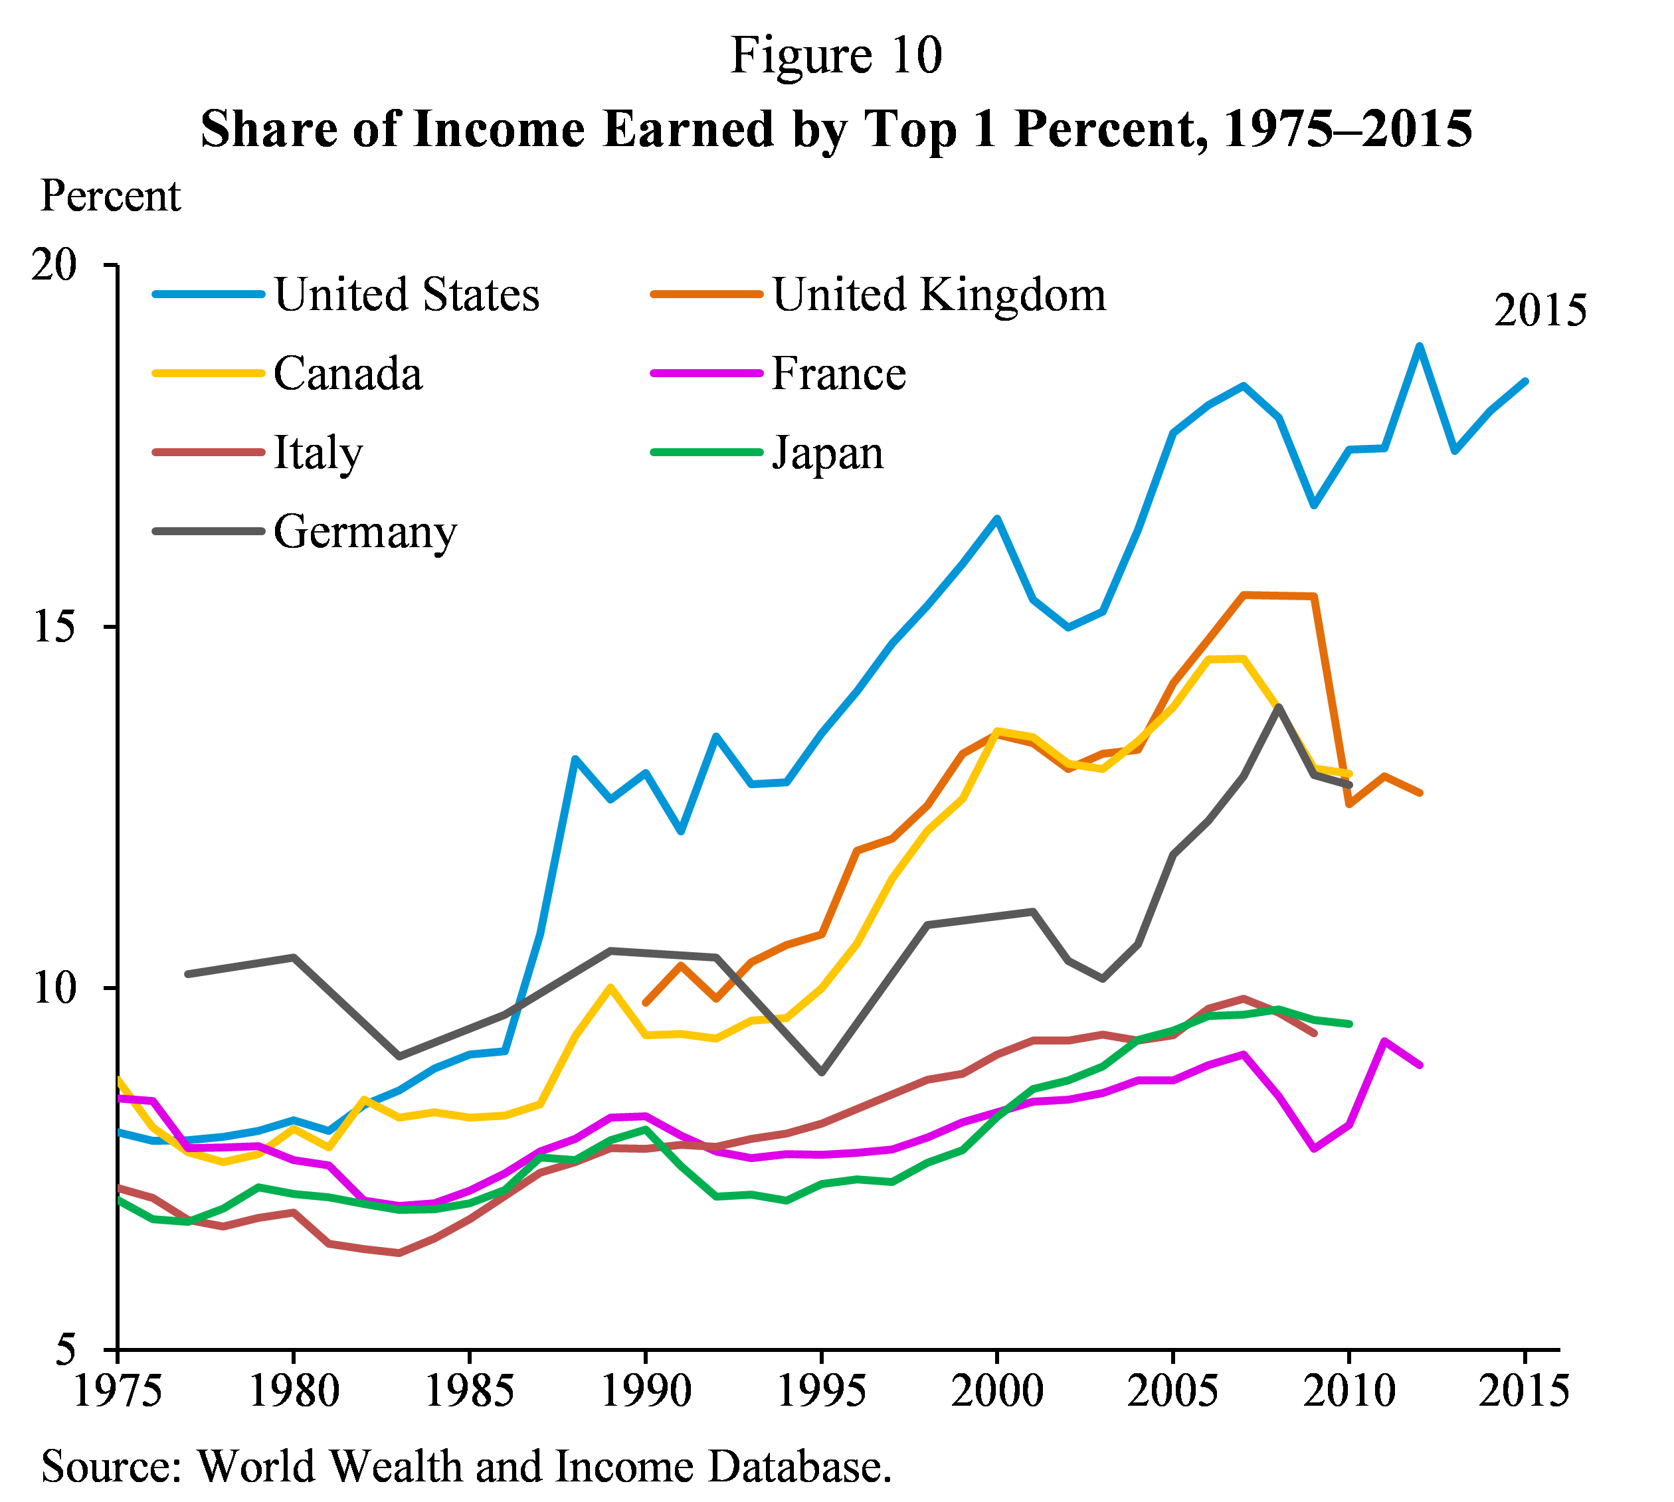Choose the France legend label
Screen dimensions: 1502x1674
pos(838,374)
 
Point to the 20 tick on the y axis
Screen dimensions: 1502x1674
pos(54,266)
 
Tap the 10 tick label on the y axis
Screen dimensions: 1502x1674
pos(54,989)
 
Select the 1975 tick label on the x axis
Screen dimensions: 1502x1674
pos(118,1391)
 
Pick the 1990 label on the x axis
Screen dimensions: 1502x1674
pos(646,1391)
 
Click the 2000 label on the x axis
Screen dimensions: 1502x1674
pos(997,1391)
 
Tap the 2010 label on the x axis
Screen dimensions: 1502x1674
pos(1348,1391)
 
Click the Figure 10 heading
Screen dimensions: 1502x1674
pos(836,56)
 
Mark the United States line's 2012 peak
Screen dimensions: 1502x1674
pos(1420,346)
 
